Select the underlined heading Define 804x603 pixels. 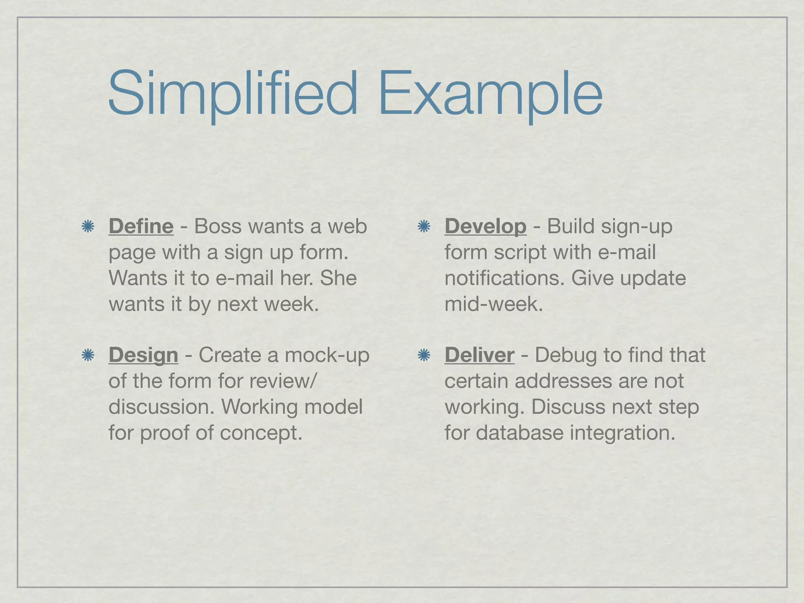(141, 227)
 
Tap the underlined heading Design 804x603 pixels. (143, 355)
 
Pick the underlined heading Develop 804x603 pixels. (485, 227)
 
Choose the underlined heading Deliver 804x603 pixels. (479, 355)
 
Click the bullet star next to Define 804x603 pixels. (88, 227)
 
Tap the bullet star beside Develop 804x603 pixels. (424, 227)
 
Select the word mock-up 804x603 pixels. (327, 355)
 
